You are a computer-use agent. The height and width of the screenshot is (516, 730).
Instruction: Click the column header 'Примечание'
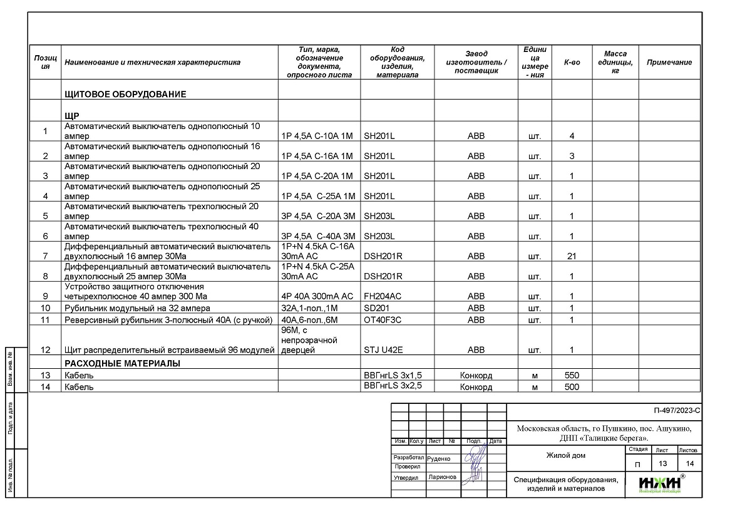669,62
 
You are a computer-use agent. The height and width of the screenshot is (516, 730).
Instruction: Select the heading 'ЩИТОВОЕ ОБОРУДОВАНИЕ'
125,95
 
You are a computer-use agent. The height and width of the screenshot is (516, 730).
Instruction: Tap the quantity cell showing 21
572,256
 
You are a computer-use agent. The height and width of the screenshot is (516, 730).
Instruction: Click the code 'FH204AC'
383,296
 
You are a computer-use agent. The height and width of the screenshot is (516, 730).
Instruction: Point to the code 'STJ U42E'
384,350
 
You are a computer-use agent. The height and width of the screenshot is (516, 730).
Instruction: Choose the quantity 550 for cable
572,376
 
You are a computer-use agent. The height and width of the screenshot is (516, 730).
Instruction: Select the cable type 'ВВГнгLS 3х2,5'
393,386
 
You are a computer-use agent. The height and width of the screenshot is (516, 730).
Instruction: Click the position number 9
45,296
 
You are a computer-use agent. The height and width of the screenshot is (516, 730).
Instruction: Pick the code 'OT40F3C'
383,320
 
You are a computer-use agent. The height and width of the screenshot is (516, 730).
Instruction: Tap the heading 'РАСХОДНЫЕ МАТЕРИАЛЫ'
122,363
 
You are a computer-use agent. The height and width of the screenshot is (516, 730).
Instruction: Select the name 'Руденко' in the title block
438,458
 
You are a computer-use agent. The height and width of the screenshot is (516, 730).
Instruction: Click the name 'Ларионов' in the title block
443,477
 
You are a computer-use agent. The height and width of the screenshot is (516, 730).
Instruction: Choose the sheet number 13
662,463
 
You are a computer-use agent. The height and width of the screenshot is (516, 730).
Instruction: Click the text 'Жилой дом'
566,455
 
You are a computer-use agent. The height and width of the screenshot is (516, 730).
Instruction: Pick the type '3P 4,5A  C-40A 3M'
318,237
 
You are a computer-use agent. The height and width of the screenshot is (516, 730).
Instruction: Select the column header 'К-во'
572,62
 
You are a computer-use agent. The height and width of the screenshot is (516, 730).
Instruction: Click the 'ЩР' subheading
71,116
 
